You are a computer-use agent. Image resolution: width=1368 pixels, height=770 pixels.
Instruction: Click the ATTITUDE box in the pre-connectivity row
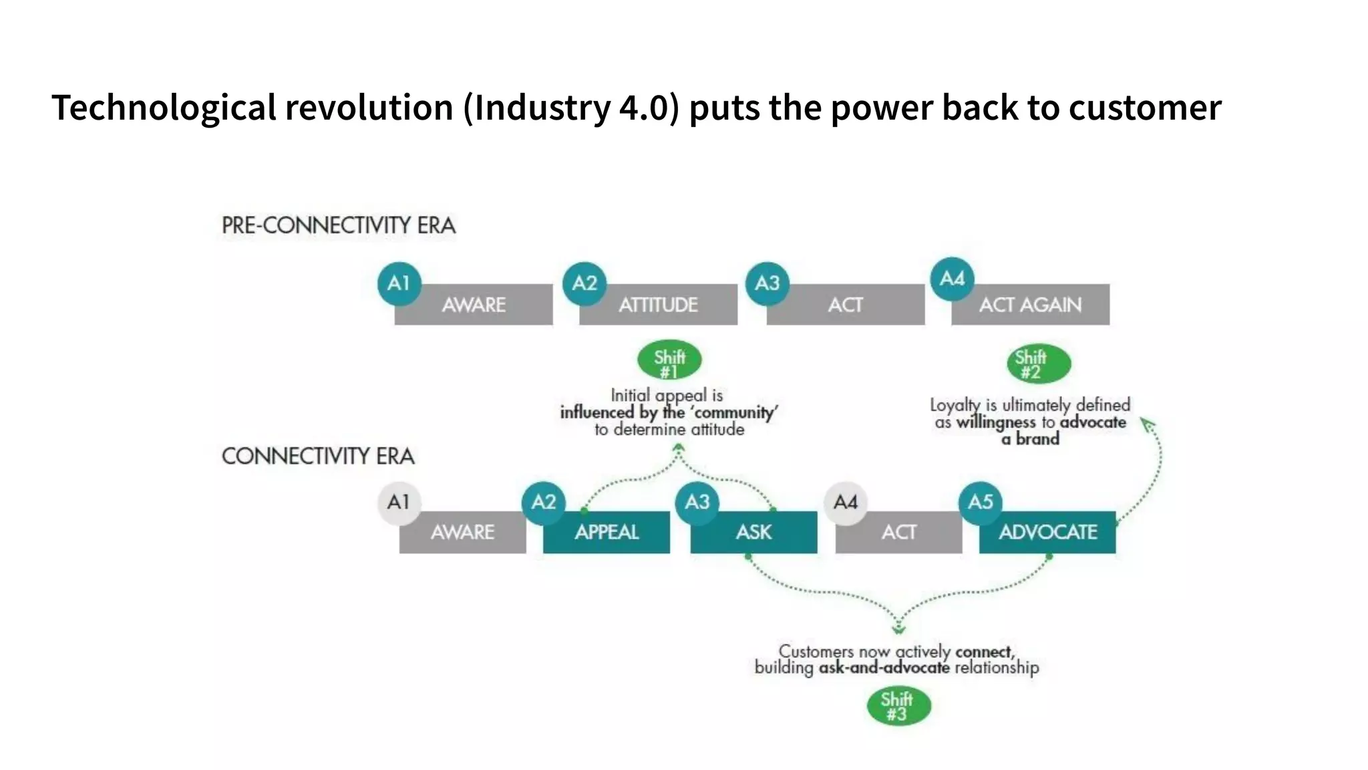click(658, 305)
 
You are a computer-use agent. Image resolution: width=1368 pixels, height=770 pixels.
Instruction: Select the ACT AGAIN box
click(1030, 305)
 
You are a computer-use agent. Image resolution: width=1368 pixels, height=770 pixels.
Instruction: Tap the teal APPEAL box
click(607, 532)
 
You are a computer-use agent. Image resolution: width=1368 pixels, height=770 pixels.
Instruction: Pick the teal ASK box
click(753, 532)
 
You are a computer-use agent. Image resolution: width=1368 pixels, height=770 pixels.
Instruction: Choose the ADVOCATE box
click(1047, 532)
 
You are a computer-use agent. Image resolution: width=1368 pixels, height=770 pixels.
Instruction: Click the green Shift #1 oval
click(669, 361)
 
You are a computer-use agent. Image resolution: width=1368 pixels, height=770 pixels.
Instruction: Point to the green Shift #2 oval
click(1039, 364)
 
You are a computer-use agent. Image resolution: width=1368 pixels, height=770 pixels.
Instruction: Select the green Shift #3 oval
click(898, 707)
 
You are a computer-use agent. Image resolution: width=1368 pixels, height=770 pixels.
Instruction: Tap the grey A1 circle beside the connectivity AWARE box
click(399, 502)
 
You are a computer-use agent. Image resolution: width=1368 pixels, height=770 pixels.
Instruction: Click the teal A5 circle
click(981, 502)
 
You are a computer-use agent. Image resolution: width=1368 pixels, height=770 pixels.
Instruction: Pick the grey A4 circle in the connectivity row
click(846, 502)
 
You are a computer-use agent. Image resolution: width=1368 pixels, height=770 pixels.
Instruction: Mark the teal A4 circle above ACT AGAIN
click(953, 279)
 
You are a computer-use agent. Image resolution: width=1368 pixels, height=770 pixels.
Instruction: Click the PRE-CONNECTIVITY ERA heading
click(339, 225)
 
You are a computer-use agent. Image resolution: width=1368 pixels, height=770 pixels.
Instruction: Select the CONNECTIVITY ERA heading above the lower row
click(318, 457)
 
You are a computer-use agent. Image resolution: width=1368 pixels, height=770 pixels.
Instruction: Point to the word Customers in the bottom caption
click(816, 651)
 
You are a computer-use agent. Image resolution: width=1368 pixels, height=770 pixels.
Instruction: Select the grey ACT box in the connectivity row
click(898, 532)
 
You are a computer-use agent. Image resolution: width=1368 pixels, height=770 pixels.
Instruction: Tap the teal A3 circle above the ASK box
click(697, 502)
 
